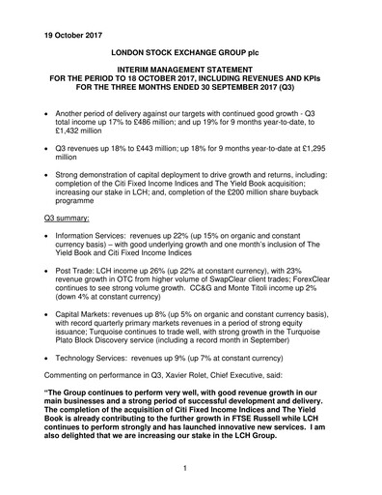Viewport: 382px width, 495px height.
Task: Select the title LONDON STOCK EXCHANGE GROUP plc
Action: [190, 46]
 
